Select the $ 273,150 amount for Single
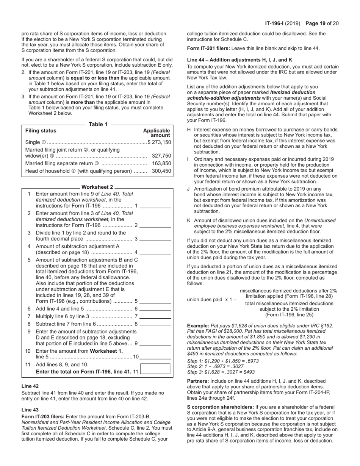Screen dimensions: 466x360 pyautogui.click(x=159, y=142)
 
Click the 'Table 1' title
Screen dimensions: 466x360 pyautogui.click(x=98, y=124)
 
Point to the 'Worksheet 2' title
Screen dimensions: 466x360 pyautogui.click(x=97, y=187)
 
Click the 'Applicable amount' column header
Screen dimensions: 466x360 pyautogui.click(x=157, y=133)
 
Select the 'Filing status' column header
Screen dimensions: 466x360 pyautogui.click(x=41, y=131)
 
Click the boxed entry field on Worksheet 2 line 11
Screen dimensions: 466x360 pyautogui.click(x=155, y=369)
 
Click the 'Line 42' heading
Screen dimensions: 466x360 pyautogui.click(x=30, y=386)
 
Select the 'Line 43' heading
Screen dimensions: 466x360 pyautogui.click(x=30, y=410)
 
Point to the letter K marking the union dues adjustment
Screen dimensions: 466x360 pyautogui.click(x=189, y=220)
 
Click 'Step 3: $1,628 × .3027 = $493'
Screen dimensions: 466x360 pyautogui.click(x=221, y=372)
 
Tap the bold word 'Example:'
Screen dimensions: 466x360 pyautogui.click(x=198, y=325)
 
